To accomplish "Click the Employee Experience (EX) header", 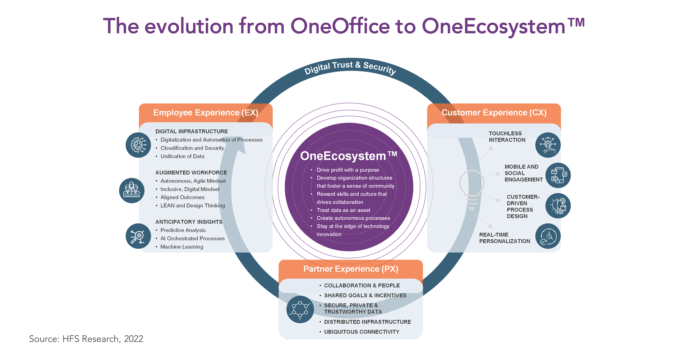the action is point(206,113).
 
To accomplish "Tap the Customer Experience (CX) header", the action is point(494,113).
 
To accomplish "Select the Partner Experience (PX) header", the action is point(351,269).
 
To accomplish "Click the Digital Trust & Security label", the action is point(350,68).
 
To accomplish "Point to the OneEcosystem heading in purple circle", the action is point(349,156).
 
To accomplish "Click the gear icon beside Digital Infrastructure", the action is point(138,145).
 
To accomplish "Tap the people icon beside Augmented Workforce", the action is point(132,190).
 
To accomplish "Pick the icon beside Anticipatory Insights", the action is point(138,236).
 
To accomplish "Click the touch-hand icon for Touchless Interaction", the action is point(548,145).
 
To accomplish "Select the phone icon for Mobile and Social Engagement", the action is point(558,175).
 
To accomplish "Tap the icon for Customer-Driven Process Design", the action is point(558,206).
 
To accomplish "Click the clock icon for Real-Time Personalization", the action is point(548,236).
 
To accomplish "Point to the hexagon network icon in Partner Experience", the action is point(300,309).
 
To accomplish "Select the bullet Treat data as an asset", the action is point(343,210).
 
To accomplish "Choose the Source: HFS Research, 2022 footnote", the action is point(86,339).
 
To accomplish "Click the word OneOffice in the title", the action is point(340,26).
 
